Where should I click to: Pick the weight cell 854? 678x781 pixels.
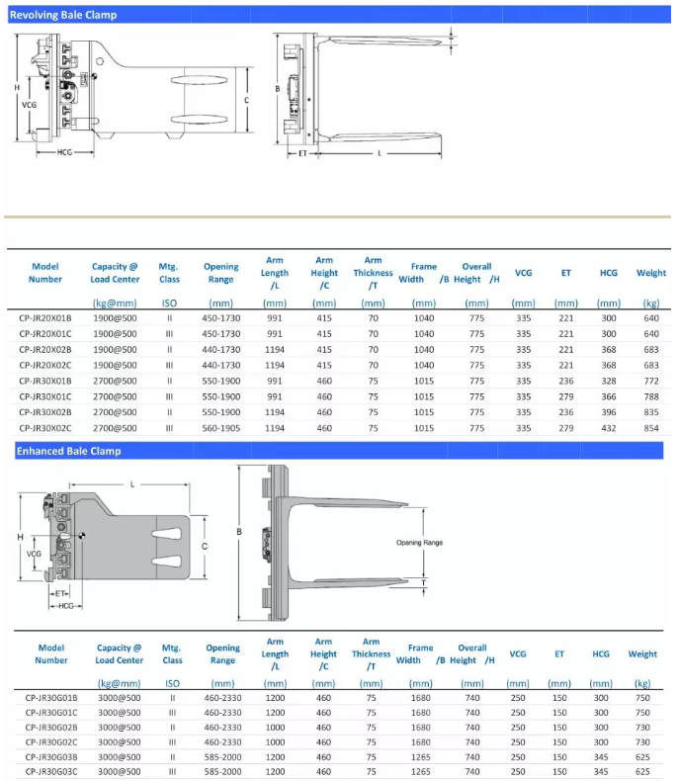[x=650, y=428]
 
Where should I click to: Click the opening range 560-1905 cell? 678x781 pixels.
[x=221, y=428]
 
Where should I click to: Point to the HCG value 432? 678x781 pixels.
[x=608, y=428]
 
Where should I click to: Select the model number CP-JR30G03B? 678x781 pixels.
[x=51, y=756]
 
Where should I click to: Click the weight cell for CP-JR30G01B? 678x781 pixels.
[x=642, y=698]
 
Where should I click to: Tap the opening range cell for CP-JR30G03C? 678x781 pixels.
[x=222, y=771]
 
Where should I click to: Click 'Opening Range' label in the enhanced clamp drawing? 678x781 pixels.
[x=420, y=543]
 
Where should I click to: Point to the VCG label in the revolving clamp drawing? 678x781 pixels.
[x=30, y=104]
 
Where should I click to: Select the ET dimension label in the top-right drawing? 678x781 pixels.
[x=302, y=153]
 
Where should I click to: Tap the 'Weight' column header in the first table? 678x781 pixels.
[x=650, y=273]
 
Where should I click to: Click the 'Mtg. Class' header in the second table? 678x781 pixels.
[x=172, y=653]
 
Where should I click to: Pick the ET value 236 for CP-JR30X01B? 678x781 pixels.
[x=565, y=381]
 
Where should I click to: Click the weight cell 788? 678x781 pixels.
[x=650, y=396]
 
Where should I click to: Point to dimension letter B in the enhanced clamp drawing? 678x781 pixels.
[x=238, y=532]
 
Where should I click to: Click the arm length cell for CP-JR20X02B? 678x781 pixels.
[x=275, y=350]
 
